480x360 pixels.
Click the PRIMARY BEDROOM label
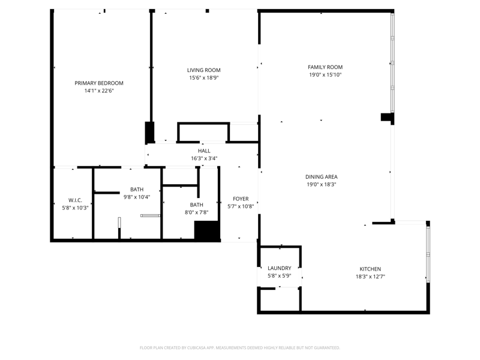(x=99, y=83)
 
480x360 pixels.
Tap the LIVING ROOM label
(x=204, y=70)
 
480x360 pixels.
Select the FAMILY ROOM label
(x=325, y=67)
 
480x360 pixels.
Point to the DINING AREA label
(x=322, y=176)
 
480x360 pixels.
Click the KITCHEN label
(x=370, y=269)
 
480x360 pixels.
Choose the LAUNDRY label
(x=280, y=268)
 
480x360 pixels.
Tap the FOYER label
(x=241, y=199)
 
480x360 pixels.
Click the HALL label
(x=204, y=151)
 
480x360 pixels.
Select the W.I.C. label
(x=76, y=200)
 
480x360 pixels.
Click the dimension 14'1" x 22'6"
(x=99, y=91)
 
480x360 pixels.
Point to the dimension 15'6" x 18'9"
(x=204, y=78)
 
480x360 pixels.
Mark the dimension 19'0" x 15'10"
(x=325, y=74)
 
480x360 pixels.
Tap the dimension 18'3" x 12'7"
(x=370, y=277)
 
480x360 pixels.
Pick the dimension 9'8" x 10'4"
(x=137, y=197)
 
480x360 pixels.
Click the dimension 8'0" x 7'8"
(x=197, y=212)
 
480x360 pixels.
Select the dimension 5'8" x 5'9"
(x=280, y=276)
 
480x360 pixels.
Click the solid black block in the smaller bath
(x=207, y=230)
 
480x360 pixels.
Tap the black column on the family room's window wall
(x=387, y=117)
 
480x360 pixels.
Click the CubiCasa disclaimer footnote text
(x=239, y=348)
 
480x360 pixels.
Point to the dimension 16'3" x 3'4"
(x=204, y=158)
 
